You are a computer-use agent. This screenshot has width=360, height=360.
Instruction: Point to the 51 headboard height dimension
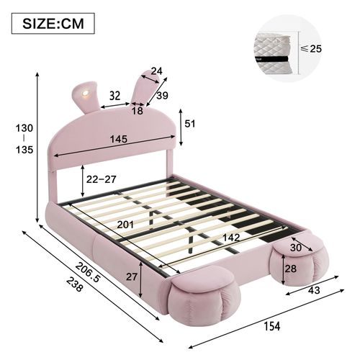coord(190,123)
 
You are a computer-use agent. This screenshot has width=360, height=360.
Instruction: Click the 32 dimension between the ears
coord(114,94)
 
